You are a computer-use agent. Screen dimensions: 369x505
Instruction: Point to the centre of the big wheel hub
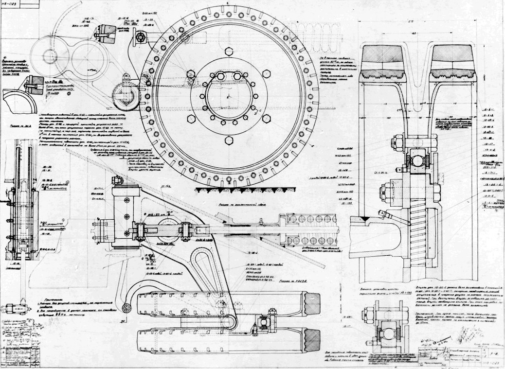229,96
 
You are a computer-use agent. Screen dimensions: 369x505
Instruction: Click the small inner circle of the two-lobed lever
50,56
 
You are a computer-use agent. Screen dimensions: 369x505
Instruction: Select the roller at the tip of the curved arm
127,307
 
